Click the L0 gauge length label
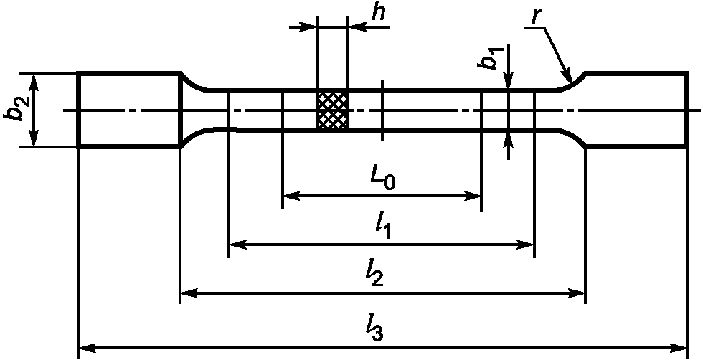[x=382, y=179]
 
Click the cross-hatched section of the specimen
[x=332, y=110]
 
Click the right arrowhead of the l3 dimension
[x=678, y=348]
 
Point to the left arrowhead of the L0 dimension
[x=291, y=196]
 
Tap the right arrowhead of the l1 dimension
[x=525, y=245]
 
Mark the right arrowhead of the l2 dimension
[x=576, y=293]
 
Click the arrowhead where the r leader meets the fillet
[x=567, y=75]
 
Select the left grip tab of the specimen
[x=129, y=109]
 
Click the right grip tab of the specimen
[x=637, y=109]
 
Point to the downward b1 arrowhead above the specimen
[x=508, y=80]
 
